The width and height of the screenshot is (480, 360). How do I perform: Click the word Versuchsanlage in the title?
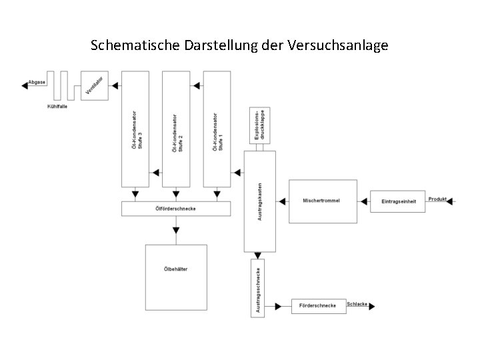[x=339, y=46]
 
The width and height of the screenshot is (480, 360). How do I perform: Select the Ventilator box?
[x=94, y=85]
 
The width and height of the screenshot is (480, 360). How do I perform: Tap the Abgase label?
[x=37, y=83]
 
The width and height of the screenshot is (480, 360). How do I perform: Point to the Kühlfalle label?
[x=57, y=106]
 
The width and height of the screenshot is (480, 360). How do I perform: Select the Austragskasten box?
[x=260, y=201]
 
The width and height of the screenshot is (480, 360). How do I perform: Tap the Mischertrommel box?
[x=321, y=201]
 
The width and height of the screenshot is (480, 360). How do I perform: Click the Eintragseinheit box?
[x=397, y=201]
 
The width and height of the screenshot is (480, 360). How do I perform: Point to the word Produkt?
[x=437, y=199]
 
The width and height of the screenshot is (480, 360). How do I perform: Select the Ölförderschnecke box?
[x=175, y=209]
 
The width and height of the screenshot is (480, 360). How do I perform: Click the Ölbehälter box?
[x=175, y=277]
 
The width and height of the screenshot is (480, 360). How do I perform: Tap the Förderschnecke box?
[x=319, y=306]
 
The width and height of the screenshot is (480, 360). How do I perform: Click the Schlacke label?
[x=357, y=304]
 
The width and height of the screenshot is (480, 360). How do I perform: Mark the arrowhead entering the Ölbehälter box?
[x=175, y=231]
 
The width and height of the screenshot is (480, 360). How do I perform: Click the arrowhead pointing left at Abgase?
[x=24, y=83]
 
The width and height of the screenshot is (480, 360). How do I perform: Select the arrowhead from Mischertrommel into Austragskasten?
[x=281, y=201]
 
